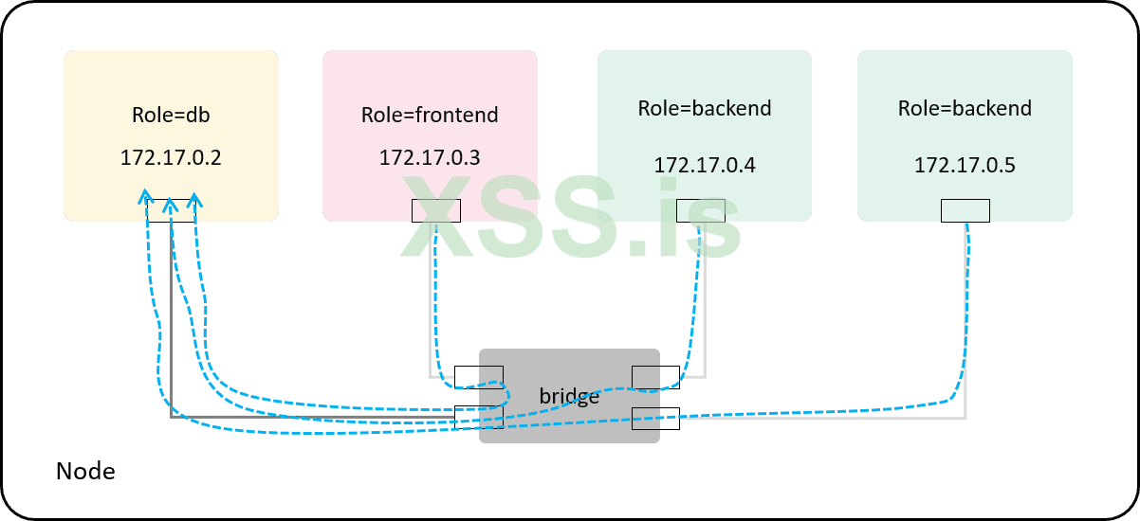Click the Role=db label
[171, 116]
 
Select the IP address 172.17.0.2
[171, 157]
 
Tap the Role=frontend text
[430, 116]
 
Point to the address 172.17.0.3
[430, 157]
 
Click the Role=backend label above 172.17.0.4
[705, 108]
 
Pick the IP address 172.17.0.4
[705, 165]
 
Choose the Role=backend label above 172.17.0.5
[965, 108]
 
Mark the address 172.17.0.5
[965, 165]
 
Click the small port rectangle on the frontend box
[436, 210]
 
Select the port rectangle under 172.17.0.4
[701, 210]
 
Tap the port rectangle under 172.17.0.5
[965, 210]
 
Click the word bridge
[569, 396]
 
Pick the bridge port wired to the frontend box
[479, 377]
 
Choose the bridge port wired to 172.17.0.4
[655, 377]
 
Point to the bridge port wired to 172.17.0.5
[655, 417]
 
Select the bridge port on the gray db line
[479, 417]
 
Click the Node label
[85, 471]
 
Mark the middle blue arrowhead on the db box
[170, 204]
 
